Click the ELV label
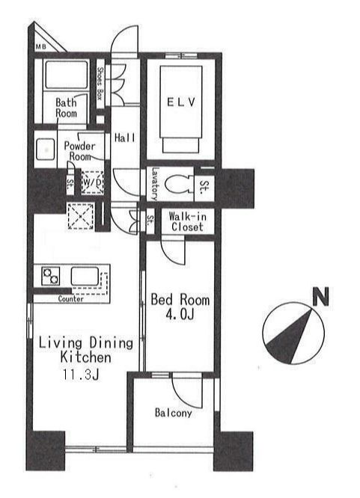pyautogui.click(x=181, y=102)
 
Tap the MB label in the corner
pyautogui.click(x=40, y=46)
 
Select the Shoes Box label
pyautogui.click(x=100, y=84)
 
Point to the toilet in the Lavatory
pyautogui.click(x=177, y=184)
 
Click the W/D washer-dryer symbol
pyautogui.click(x=92, y=182)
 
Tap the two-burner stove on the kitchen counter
pyautogui.click(x=51, y=276)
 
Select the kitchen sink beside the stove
pyautogui.click(x=85, y=277)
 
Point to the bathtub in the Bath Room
pyautogui.click(x=66, y=75)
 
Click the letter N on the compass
pyautogui.click(x=320, y=296)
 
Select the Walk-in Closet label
pyautogui.click(x=187, y=221)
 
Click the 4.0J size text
pyautogui.click(x=180, y=314)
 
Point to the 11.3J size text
pyautogui.click(x=81, y=375)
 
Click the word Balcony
pyautogui.click(x=174, y=413)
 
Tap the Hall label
pyautogui.click(x=125, y=138)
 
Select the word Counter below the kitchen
pyautogui.click(x=70, y=299)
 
